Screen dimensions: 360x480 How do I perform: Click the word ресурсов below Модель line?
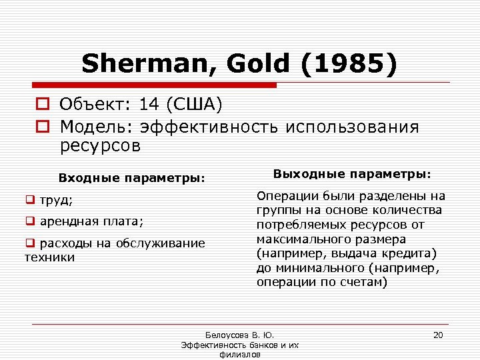pyautogui.click(x=100, y=146)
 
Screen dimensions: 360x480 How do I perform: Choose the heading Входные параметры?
pyautogui.click(x=131, y=178)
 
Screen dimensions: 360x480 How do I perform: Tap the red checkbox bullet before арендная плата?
pyautogui.click(x=30, y=221)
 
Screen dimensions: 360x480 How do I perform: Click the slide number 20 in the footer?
pyautogui.click(x=438, y=335)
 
